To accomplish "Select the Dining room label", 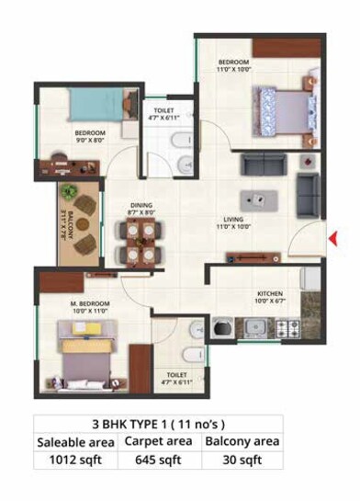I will coord(141,208).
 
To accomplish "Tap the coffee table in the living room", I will coord(255,200).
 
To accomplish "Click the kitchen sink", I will coord(255,326).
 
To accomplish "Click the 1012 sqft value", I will coord(74,461).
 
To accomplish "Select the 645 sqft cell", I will coord(158,461).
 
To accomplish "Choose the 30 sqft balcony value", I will coord(242,461).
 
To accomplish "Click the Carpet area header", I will coord(158,441).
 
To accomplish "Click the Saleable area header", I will coord(74,441).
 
